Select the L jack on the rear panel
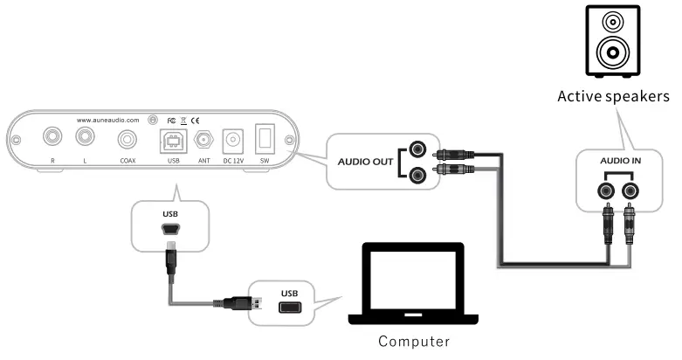(x=85, y=137)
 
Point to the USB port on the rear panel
(x=171, y=140)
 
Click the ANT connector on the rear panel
(x=204, y=140)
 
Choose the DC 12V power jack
(x=233, y=140)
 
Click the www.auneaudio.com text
(x=108, y=119)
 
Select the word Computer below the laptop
(x=415, y=341)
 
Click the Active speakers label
(x=613, y=95)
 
